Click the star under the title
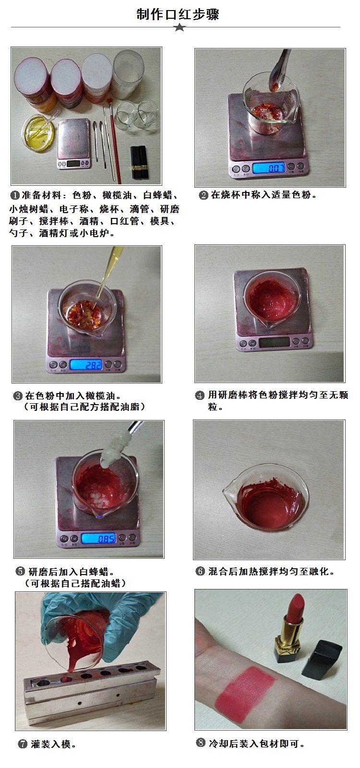click(x=180, y=27)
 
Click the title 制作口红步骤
click(x=178, y=14)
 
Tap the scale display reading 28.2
click(x=86, y=365)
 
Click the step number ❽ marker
click(x=201, y=743)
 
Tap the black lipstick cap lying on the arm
click(x=322, y=660)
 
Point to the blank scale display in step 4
click(x=274, y=342)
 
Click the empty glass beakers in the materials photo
click(x=137, y=115)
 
